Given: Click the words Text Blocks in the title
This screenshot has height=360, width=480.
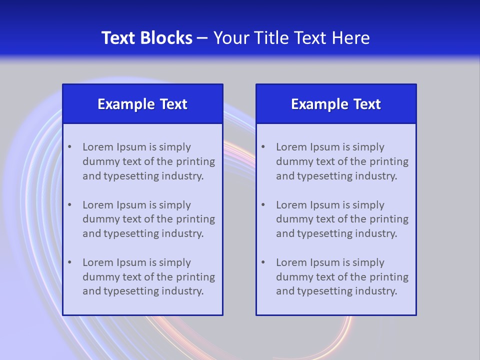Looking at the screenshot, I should pyautogui.click(x=146, y=38).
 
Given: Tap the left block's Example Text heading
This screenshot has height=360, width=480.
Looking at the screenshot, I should pyautogui.click(x=142, y=104).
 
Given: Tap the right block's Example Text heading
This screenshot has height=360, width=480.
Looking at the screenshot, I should pyautogui.click(x=336, y=104).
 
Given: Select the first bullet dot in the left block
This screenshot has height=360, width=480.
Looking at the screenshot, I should pyautogui.click(x=69, y=147).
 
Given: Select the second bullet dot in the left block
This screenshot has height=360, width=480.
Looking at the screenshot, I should pyautogui.click(x=69, y=205).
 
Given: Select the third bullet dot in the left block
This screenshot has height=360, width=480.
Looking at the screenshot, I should pyautogui.click(x=69, y=262).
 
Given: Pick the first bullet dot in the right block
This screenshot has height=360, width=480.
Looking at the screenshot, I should pyautogui.click(x=263, y=147).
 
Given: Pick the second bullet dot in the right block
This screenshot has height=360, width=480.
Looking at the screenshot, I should pyautogui.click(x=263, y=205).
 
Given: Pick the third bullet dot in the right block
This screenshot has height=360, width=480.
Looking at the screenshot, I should pyautogui.click(x=263, y=262).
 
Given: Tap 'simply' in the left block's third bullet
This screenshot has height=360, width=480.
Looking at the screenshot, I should pyautogui.click(x=175, y=262).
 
